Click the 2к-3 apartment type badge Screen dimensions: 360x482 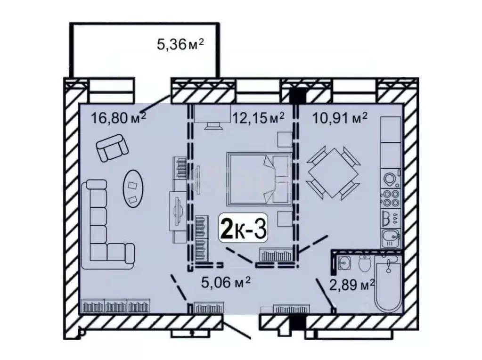click(x=244, y=229)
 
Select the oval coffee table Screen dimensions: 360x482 click(x=134, y=187)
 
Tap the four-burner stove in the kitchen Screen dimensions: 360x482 click(x=391, y=198)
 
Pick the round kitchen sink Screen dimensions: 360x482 click(x=391, y=180)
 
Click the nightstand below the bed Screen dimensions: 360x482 click(x=284, y=219)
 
